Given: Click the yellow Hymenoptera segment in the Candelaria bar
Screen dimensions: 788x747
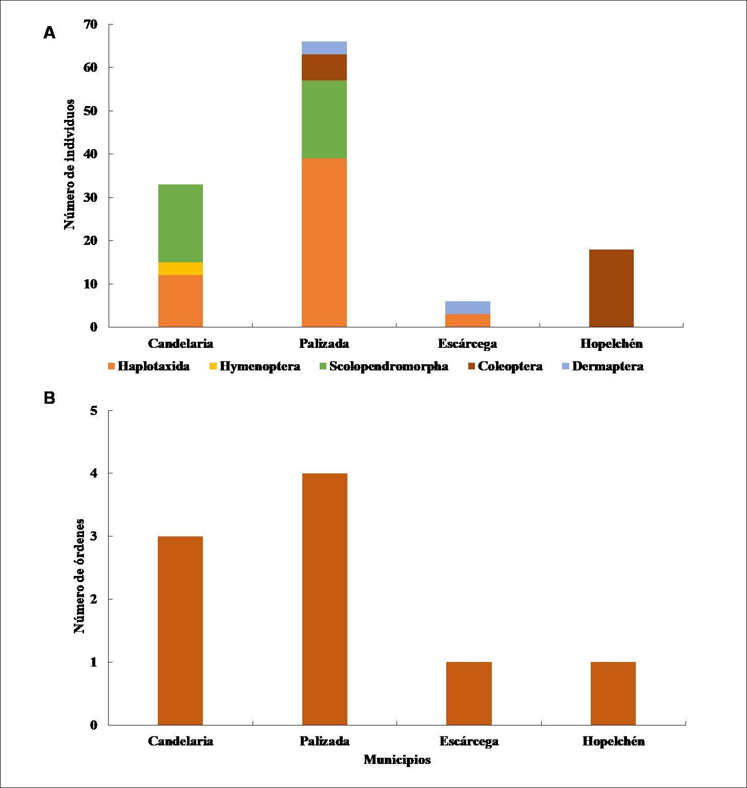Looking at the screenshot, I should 180,268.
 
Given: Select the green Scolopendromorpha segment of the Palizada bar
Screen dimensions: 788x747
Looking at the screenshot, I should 324,119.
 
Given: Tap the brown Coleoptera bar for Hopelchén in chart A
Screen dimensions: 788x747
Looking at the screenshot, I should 611,288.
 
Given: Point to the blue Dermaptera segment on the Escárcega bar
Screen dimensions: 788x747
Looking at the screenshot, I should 467,307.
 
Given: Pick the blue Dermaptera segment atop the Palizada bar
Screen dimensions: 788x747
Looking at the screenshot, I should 324,48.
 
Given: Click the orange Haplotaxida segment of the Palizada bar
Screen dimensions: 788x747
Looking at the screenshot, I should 324,242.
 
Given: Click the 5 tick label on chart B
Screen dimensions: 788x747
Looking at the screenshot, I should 93,410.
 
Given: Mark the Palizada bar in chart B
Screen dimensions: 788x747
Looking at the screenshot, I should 324,599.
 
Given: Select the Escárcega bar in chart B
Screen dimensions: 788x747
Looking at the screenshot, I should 469,693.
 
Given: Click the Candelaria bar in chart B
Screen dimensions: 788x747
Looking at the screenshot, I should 180,630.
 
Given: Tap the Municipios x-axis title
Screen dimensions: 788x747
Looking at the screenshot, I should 397,760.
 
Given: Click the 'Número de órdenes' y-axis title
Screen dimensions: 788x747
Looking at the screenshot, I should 79,576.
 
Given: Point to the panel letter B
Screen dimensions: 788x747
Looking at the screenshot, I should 49,398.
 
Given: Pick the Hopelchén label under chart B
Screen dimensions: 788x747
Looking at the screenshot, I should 613,741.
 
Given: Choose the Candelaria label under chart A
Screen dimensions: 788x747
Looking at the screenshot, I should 180,343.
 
